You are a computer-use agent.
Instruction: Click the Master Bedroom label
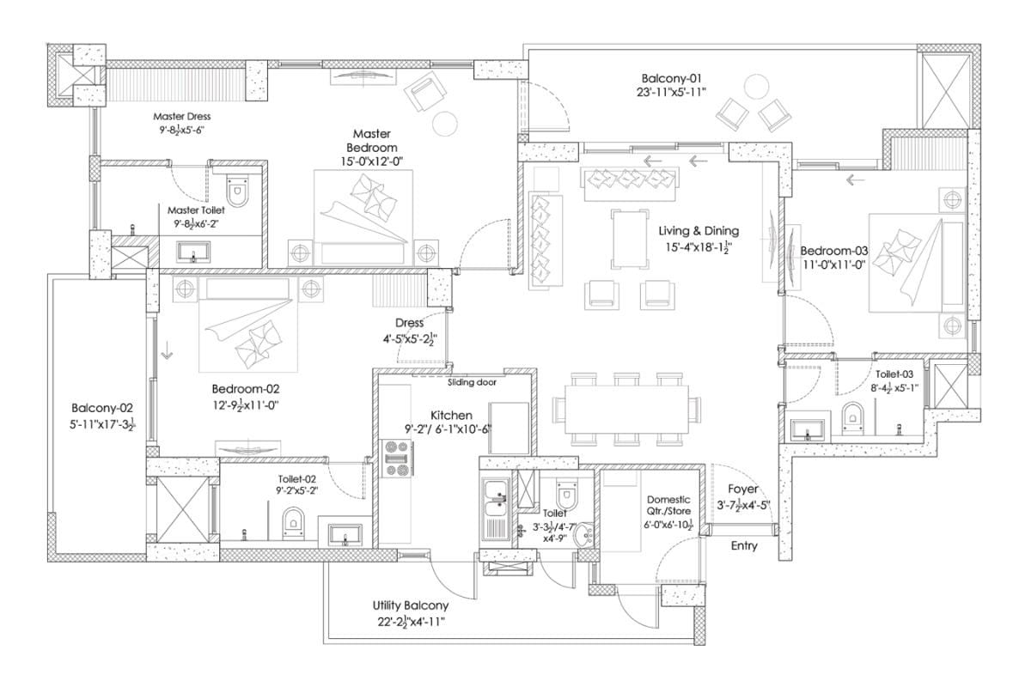click(x=371, y=141)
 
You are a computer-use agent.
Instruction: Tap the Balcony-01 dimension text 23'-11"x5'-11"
click(x=671, y=92)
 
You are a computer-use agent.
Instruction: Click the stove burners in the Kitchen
click(x=399, y=459)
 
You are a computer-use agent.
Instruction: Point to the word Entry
click(x=743, y=546)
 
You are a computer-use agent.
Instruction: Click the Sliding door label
click(x=473, y=382)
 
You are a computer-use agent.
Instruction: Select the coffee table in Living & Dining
click(x=631, y=239)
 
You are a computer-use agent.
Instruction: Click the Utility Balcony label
click(x=410, y=605)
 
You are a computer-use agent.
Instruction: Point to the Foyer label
click(x=743, y=489)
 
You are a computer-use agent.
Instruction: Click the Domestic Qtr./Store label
click(x=668, y=505)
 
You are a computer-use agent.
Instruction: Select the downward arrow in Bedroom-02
click(x=168, y=350)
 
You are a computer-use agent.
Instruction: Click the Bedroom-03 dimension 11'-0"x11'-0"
click(x=833, y=264)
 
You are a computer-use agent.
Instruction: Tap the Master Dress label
click(x=181, y=117)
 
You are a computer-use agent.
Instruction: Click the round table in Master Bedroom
click(x=444, y=123)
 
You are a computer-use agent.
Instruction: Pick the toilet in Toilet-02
click(x=293, y=522)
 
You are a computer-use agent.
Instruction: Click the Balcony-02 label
click(x=102, y=408)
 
